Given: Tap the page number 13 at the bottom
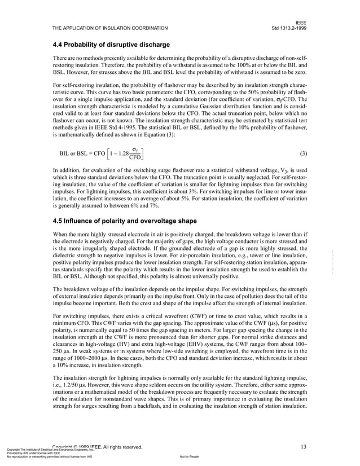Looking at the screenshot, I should click(x=303, y=447).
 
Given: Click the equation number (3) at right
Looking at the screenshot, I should click(x=303, y=153).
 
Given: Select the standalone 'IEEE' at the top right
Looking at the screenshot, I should click(x=300, y=21).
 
